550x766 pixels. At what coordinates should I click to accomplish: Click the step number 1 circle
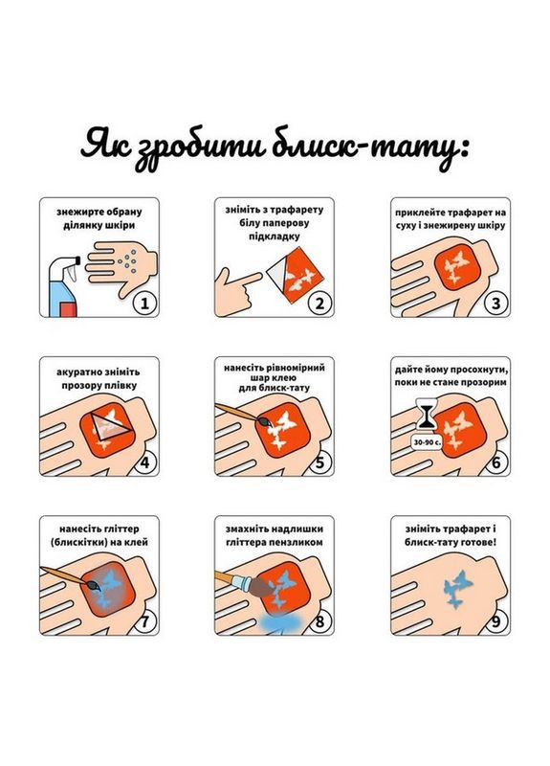(144, 304)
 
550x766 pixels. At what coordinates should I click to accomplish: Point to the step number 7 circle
(144, 621)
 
